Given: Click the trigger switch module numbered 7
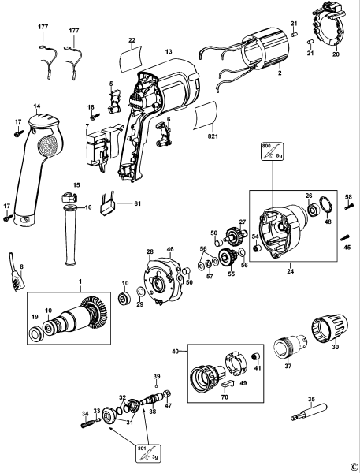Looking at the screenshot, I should coord(98,143).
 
